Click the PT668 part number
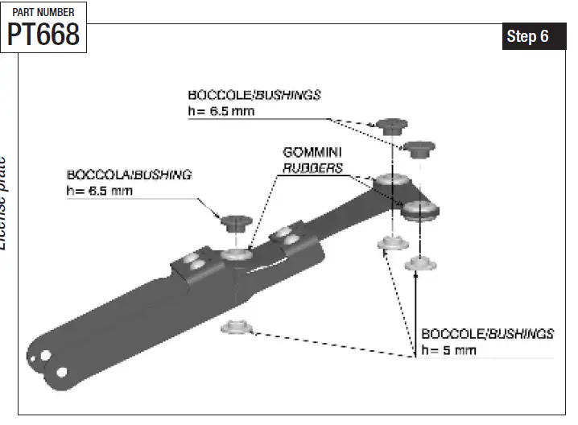click(x=43, y=34)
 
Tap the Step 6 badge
click(x=527, y=37)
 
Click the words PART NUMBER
click(x=43, y=12)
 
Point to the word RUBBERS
click(x=312, y=168)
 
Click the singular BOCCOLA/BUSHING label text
click(x=129, y=175)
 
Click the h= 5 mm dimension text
click(x=448, y=350)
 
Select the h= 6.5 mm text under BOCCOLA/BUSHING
click(x=100, y=191)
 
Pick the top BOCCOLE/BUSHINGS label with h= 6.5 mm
click(x=254, y=94)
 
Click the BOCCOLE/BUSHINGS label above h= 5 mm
click(x=488, y=333)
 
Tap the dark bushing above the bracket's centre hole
click(x=237, y=221)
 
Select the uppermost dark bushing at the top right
click(x=390, y=126)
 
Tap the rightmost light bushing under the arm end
click(x=421, y=262)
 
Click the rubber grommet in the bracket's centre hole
click(x=237, y=255)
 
